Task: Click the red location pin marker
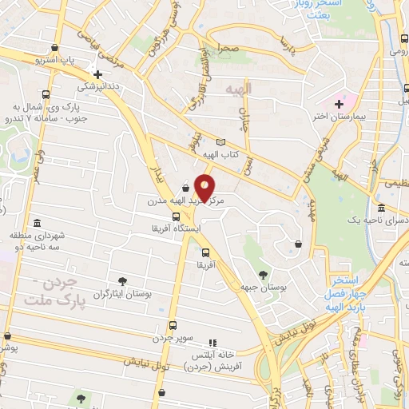coord(205,189)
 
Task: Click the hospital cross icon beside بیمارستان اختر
coord(339,103)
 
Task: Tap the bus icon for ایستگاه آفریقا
coord(176,216)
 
